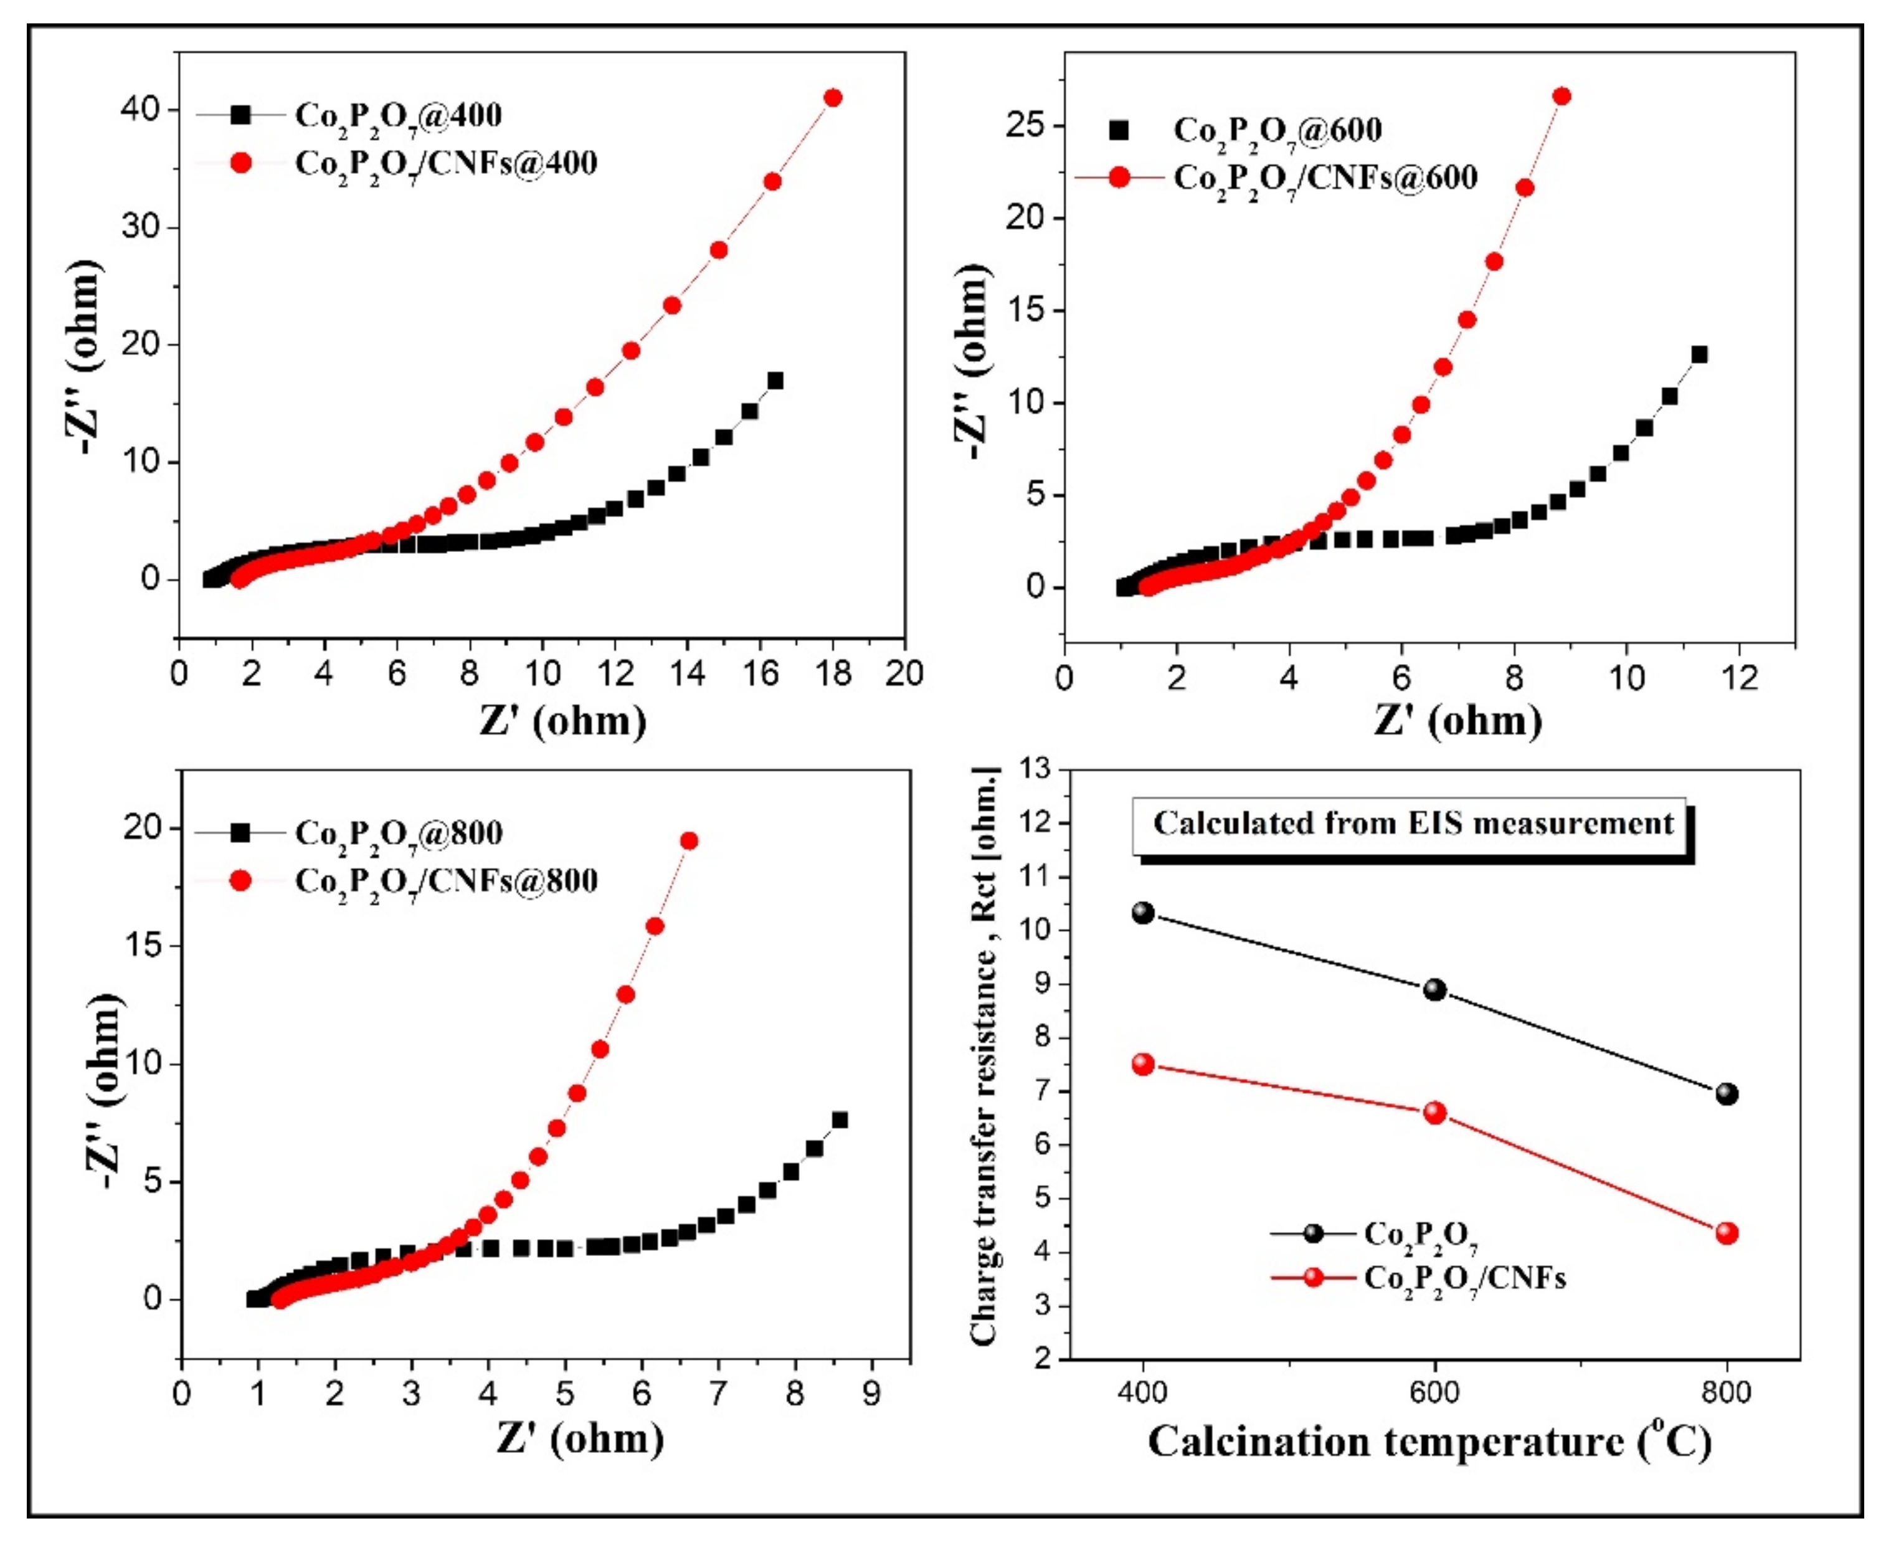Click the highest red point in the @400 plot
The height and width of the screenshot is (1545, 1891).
833,98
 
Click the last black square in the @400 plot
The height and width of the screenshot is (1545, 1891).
775,381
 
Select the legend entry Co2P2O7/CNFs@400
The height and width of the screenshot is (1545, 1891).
445,164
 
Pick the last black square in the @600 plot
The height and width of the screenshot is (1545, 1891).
1699,355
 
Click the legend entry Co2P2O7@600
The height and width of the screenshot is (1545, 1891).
1277,131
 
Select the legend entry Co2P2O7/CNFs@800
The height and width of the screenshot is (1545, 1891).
445,881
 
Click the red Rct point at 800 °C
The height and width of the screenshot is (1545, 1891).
1727,1234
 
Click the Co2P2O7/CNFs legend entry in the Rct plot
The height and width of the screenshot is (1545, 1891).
1464,1279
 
